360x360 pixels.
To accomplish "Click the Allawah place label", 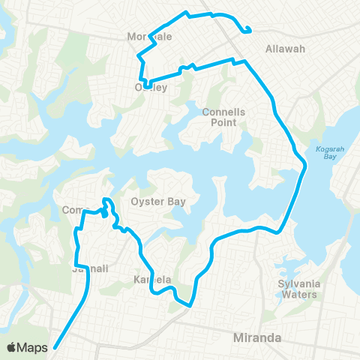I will click(286, 49).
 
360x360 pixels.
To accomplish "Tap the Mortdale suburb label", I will click(150, 37).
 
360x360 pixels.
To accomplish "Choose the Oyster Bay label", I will click(153, 202).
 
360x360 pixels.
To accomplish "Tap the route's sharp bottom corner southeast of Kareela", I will click(190, 305).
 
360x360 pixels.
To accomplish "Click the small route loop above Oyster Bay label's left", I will click(107, 202).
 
